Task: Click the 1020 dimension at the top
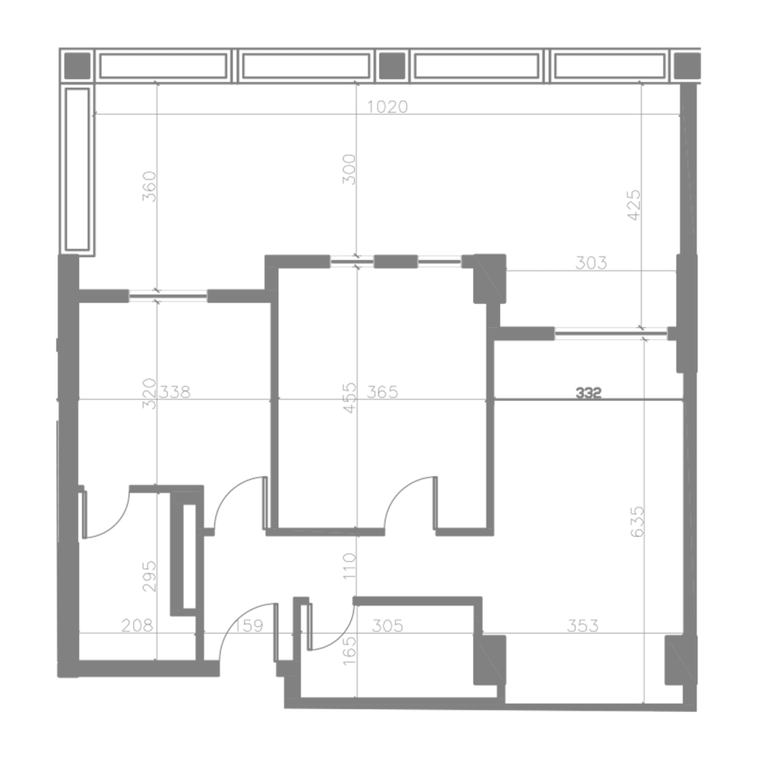388,106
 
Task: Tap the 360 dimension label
150,187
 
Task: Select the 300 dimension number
349,169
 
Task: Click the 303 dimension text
591,263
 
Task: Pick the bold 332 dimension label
589,393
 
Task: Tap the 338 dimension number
175,392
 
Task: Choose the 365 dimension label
382,392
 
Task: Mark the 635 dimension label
638,522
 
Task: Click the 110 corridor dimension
349,566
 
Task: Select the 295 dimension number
150,576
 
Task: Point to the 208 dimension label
137,626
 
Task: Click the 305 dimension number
388,626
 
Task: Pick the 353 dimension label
582,626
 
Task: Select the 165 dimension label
349,650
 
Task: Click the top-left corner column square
78,65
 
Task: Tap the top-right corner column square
687,65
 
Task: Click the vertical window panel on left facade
77,169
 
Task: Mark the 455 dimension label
349,397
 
